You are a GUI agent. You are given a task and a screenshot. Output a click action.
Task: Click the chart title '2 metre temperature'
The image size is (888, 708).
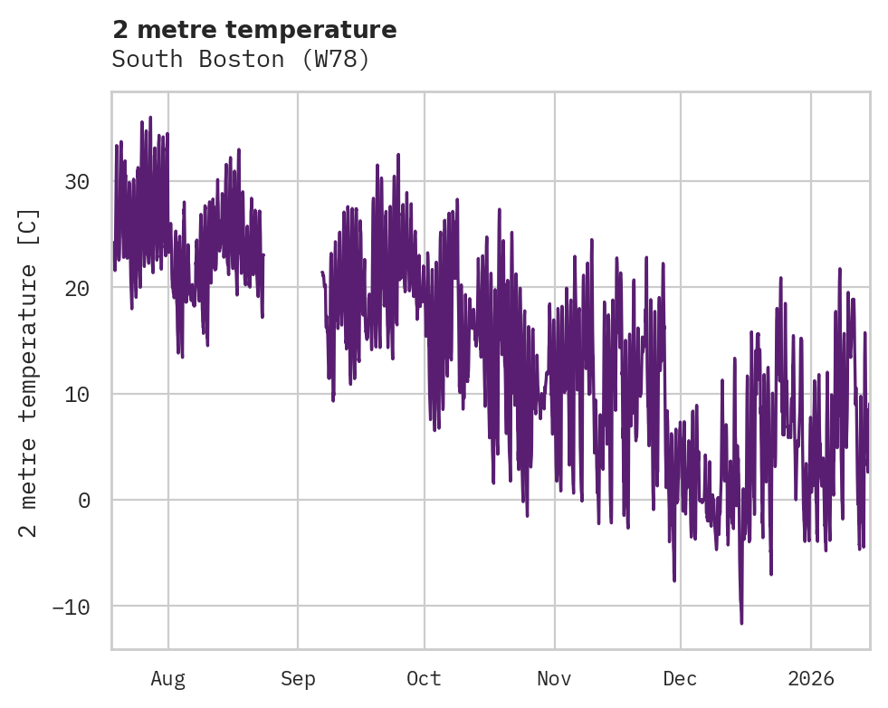254,30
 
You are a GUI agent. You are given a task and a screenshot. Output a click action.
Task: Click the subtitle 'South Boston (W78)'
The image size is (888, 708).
241,60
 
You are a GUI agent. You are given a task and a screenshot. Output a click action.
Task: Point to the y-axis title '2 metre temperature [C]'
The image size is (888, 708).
29,373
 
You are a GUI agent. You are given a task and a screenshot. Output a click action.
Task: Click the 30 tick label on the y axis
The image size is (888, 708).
77,182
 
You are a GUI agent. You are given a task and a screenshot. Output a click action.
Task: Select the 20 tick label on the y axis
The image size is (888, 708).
77,288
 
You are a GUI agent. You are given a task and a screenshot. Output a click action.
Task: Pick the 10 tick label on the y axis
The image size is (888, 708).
77,394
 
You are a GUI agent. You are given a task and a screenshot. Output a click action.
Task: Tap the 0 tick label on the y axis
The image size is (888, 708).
84,500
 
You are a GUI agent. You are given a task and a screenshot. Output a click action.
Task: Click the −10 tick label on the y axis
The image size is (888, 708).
71,606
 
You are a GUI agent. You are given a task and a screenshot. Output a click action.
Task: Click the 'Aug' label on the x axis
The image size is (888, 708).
167,679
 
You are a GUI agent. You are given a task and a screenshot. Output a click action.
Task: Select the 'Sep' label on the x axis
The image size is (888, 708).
298,679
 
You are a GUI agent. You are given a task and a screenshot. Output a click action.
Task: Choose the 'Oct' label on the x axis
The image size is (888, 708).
424,679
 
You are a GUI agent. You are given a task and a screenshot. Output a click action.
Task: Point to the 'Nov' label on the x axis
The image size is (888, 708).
554,679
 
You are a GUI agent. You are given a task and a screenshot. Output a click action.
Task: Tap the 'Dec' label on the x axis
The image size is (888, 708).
680,679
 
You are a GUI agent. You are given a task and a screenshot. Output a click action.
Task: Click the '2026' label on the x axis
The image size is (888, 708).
811,679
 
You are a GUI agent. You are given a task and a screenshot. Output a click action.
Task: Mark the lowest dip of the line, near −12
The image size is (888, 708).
741,622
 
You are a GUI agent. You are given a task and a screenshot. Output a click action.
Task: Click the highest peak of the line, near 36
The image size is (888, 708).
150,118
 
